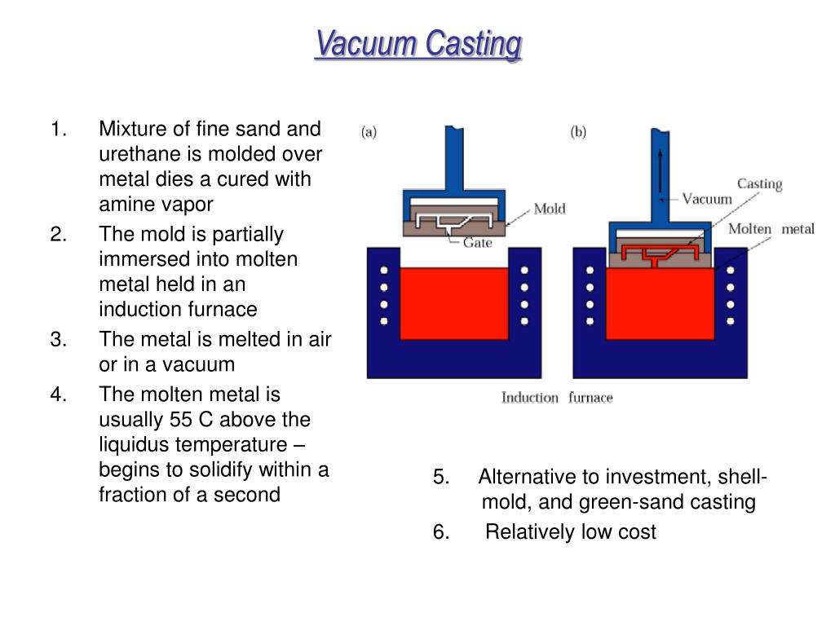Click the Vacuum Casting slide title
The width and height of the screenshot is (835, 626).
click(418, 44)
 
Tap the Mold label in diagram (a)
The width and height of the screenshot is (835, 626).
click(550, 209)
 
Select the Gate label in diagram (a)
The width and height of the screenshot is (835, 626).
click(477, 243)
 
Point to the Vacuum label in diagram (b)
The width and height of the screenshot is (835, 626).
click(707, 199)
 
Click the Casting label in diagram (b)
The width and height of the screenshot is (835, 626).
click(759, 184)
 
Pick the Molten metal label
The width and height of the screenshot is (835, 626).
click(771, 229)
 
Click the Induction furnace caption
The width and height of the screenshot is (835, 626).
click(557, 398)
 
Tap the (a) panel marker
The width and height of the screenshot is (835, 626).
click(369, 131)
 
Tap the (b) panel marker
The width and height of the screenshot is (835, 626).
click(578, 131)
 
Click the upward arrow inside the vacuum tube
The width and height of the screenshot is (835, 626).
click(660, 171)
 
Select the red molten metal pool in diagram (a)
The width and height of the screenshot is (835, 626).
click(454, 303)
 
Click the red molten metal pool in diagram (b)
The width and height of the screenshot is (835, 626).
click(660, 303)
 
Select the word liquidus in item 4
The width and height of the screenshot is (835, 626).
click(136, 444)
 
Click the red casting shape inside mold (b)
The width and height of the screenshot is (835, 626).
click(659, 254)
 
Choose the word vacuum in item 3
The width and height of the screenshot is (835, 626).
click(199, 364)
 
